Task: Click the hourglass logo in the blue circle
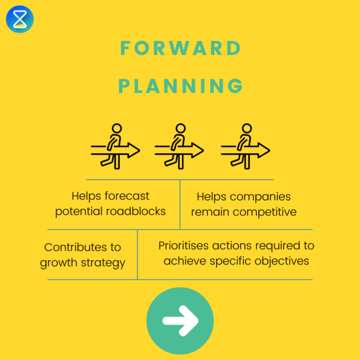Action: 20,19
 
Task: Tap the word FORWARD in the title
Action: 180,48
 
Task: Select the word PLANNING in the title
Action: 180,86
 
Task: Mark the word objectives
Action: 283,261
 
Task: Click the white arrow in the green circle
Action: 180,320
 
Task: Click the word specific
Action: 235,261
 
